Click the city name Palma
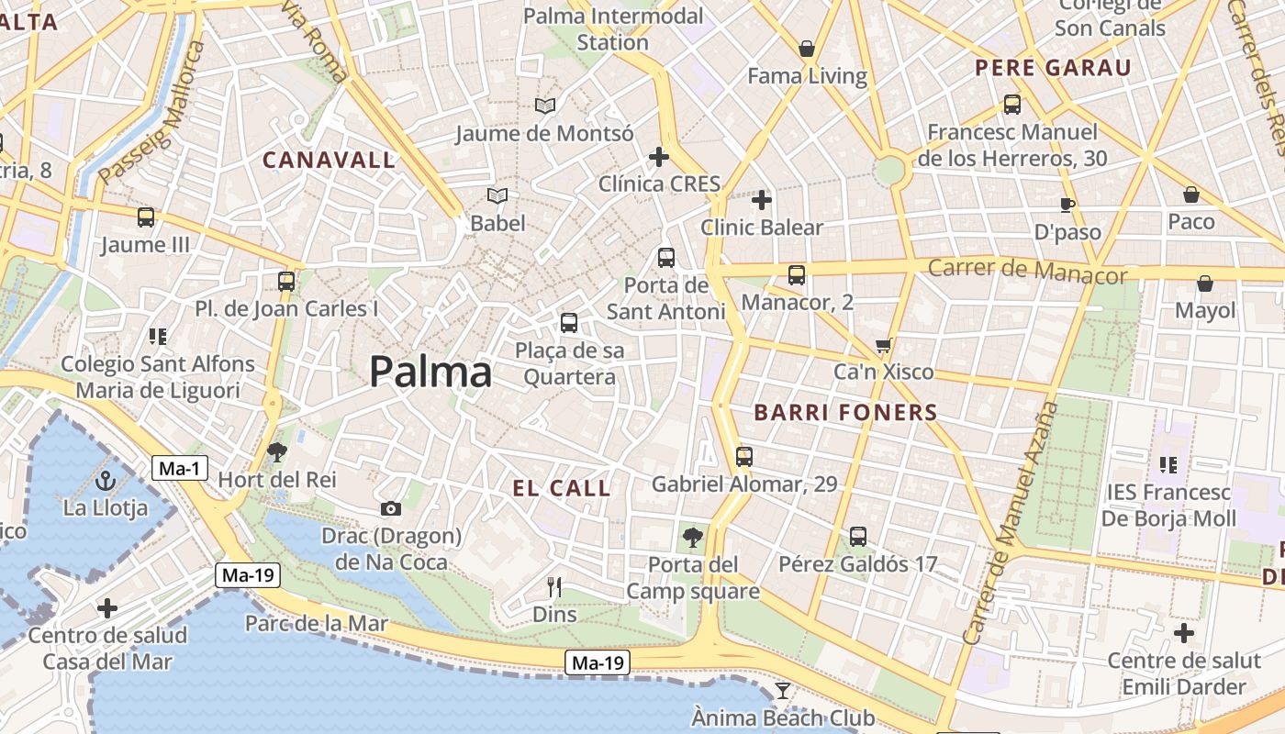click(430, 372)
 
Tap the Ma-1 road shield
click(179, 469)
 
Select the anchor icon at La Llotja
click(106, 480)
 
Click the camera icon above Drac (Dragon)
click(391, 508)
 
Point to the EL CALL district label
click(562, 488)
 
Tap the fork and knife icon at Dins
click(554, 587)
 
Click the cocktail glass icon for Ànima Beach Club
click(783, 690)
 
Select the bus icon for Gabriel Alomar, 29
click(744, 456)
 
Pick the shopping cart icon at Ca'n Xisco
click(883, 346)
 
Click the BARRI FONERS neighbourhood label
click(845, 413)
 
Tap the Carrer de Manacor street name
click(1027, 271)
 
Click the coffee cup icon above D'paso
click(1067, 204)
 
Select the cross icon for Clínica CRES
click(659, 157)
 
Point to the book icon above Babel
click(497, 195)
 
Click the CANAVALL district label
click(330, 160)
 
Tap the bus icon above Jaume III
click(146, 217)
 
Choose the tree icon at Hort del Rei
click(276, 451)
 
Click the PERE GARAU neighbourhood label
click(1053, 68)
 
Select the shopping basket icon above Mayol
click(1205, 284)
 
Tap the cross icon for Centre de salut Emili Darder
click(1184, 633)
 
